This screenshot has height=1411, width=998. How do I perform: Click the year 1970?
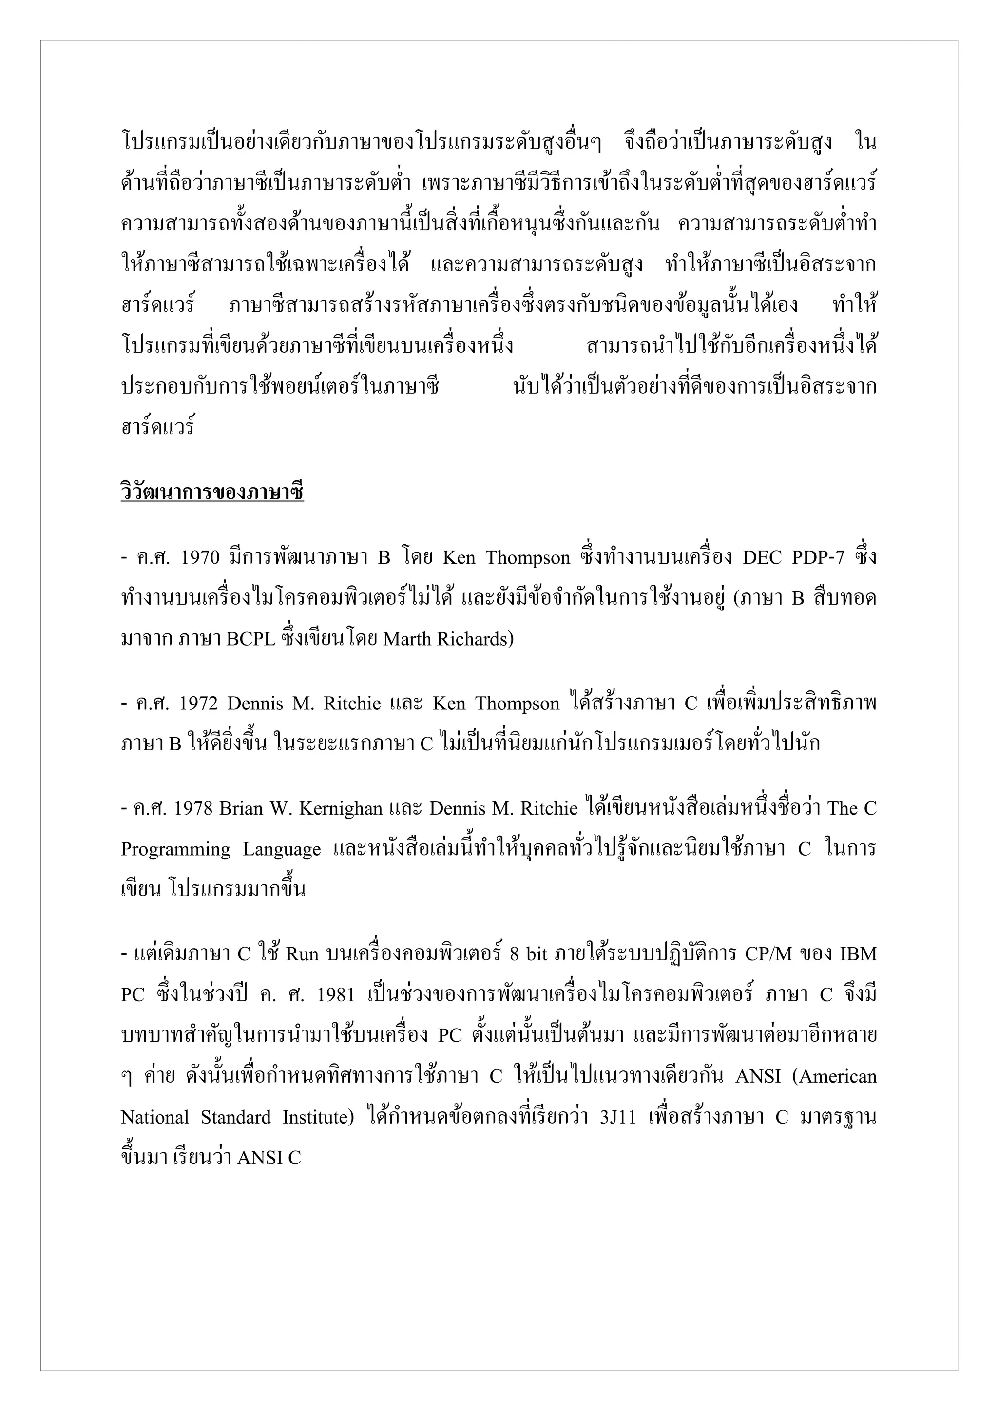[x=200, y=557]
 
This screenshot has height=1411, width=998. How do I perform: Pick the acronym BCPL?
[x=251, y=640]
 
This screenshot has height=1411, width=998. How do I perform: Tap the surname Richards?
[x=475, y=640]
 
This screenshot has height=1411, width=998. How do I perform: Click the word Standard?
[x=235, y=1117]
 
